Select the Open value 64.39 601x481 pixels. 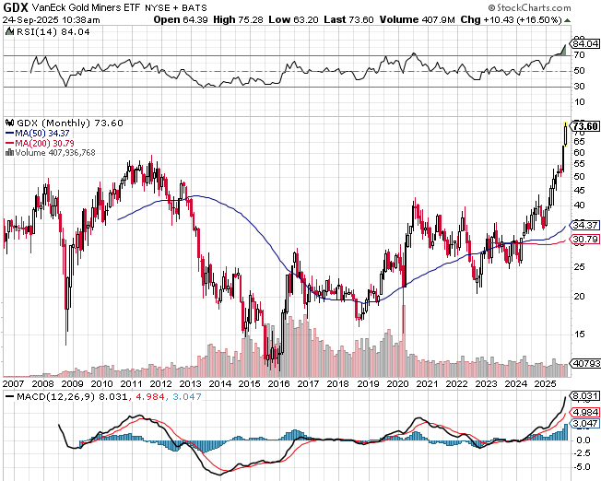click(194, 18)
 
